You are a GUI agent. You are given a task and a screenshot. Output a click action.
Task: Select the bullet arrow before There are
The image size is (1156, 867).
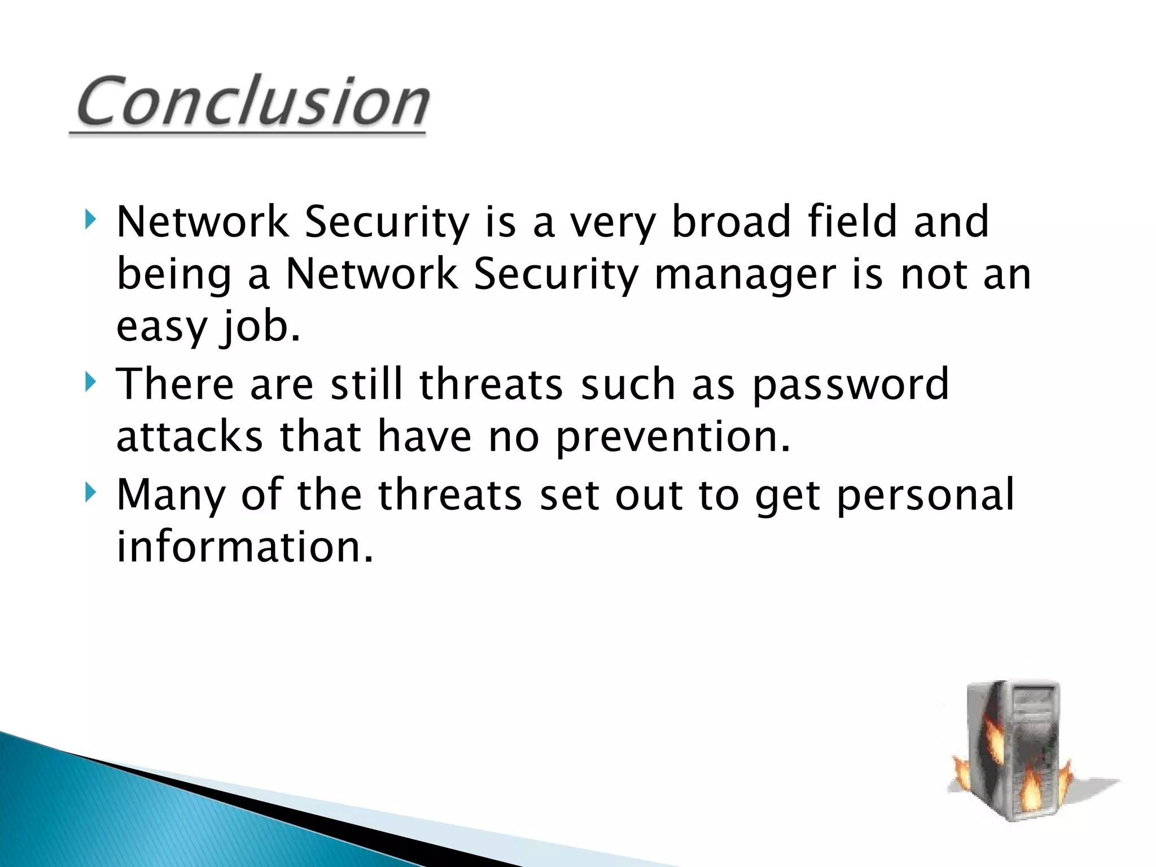coord(90,382)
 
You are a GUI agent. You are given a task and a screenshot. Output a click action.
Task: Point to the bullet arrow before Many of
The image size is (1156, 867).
coord(90,492)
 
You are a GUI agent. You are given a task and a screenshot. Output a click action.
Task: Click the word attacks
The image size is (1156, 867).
coord(190,437)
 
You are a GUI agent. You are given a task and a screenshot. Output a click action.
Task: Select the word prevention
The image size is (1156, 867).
coord(673,438)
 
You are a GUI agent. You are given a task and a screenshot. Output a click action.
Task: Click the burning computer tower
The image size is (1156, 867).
coord(1014,745)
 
